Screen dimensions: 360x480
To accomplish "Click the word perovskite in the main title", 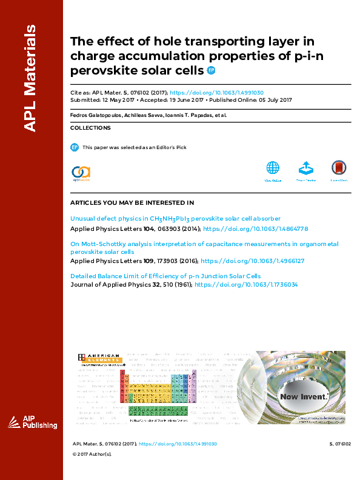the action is (x=106, y=70).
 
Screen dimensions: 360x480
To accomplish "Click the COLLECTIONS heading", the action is (x=90, y=128).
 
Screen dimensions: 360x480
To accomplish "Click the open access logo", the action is (x=81, y=173).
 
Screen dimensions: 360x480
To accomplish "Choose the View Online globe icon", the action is (x=273, y=168).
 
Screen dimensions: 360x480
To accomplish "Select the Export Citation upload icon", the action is (x=306, y=168).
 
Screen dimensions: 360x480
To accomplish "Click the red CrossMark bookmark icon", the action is (x=339, y=168).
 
